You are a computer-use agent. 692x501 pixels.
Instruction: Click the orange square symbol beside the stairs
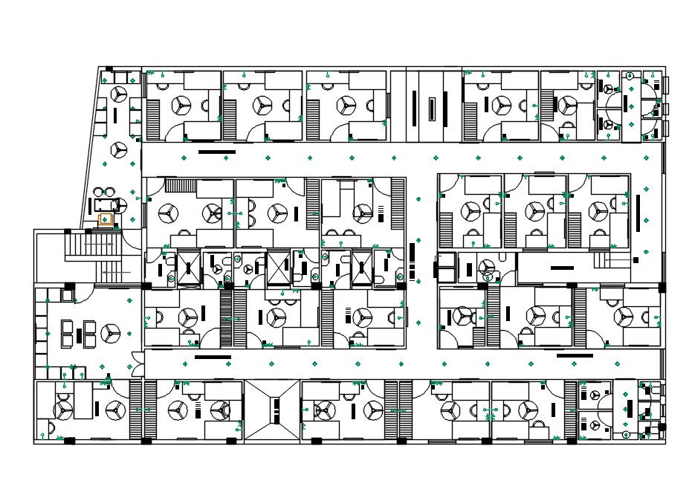tap(105, 219)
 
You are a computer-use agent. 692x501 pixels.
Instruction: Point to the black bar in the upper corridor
tap(217, 152)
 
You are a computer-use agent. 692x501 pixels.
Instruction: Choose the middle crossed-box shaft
tap(279, 268)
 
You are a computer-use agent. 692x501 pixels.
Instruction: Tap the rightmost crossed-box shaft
tap(362, 267)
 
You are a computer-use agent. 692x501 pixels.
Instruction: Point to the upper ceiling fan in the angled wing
tap(120, 94)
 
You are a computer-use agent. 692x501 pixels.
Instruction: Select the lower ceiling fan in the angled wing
tap(119, 149)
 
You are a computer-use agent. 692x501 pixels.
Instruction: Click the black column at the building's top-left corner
tap(109, 69)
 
